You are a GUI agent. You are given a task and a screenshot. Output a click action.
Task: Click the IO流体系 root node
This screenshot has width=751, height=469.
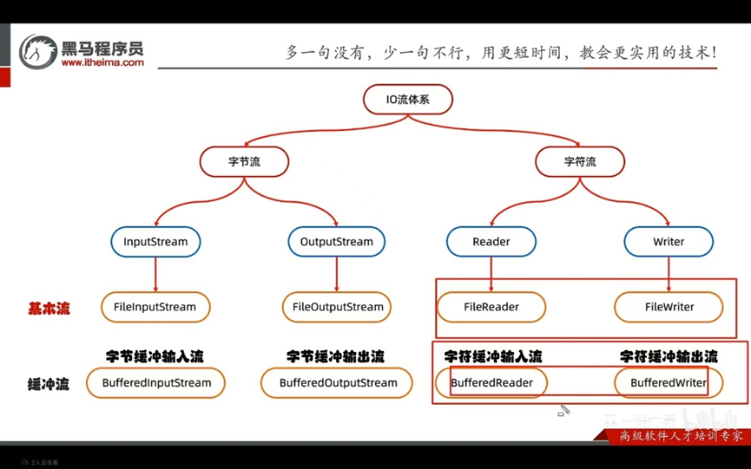pyautogui.click(x=407, y=100)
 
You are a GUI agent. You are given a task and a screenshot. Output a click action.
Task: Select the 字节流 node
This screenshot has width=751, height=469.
pyautogui.click(x=244, y=162)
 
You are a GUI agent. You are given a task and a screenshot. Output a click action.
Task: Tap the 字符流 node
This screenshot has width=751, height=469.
pyautogui.click(x=579, y=162)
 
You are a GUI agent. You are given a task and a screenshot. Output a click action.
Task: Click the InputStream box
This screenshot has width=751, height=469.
pyautogui.click(x=155, y=242)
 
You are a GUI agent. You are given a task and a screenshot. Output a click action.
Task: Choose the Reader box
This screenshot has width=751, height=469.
pyautogui.click(x=491, y=242)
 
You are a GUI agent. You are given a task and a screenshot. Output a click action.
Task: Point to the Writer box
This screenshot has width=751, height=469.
pyautogui.click(x=669, y=242)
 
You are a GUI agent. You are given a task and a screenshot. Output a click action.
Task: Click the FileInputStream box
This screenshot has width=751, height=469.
pyautogui.click(x=155, y=307)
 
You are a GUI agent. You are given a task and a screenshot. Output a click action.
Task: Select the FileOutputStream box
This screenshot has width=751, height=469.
pyautogui.click(x=338, y=307)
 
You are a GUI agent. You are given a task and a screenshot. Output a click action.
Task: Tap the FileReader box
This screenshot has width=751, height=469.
pyautogui.click(x=491, y=307)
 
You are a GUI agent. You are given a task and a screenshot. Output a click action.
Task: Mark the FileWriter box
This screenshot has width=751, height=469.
pyautogui.click(x=668, y=307)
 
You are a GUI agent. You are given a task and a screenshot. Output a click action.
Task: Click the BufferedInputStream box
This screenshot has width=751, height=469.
pyautogui.click(x=156, y=382)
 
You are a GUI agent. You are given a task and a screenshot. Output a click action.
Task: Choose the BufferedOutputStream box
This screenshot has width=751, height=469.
pyautogui.click(x=338, y=382)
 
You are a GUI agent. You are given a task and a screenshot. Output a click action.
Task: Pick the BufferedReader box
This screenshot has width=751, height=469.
pyautogui.click(x=491, y=382)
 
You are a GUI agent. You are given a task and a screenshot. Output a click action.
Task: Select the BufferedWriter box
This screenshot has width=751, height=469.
pyautogui.click(x=668, y=382)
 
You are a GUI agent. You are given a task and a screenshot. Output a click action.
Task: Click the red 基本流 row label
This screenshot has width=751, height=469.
pyautogui.click(x=49, y=308)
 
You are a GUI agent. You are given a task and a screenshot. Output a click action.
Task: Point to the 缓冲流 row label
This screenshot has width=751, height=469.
pyautogui.click(x=49, y=383)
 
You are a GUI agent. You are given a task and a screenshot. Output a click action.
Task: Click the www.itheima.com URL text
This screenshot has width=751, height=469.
pyautogui.click(x=102, y=62)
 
